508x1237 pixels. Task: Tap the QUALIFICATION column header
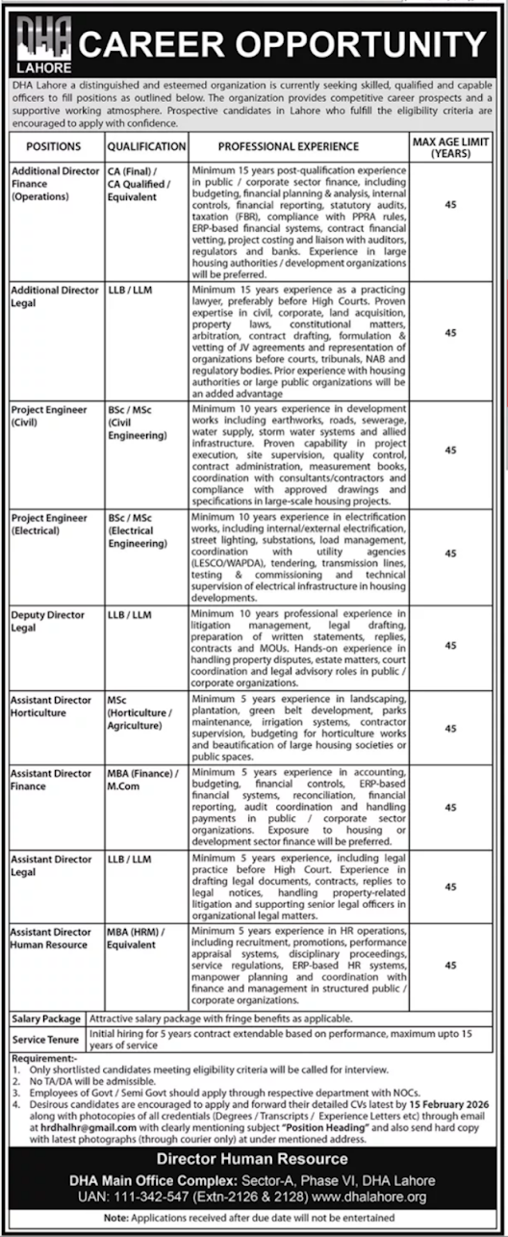[146, 146]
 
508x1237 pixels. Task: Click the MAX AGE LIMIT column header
[450, 146]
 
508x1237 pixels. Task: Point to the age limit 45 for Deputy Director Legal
[450, 646]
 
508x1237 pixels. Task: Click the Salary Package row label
[47, 1018]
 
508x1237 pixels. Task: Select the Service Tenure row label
[46, 1040]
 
